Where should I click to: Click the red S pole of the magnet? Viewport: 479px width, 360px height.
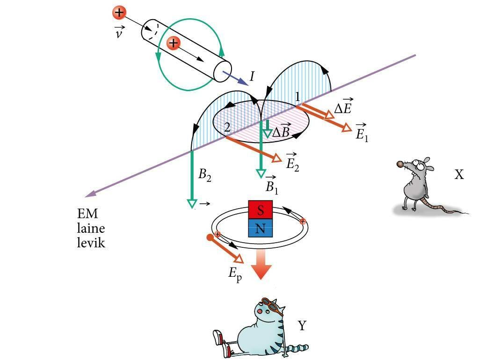coord(260,209)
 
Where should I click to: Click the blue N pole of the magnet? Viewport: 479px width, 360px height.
coord(260,229)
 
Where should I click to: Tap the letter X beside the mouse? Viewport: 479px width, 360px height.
coord(459,175)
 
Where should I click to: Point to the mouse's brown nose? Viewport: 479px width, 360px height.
coord(400,164)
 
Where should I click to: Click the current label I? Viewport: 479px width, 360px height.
coord(252,76)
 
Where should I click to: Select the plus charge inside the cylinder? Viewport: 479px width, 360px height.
coord(174,43)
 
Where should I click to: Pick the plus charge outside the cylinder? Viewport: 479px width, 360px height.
coord(119,13)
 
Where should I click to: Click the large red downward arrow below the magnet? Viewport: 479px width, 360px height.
coord(261,265)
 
